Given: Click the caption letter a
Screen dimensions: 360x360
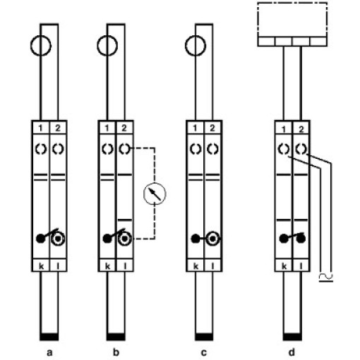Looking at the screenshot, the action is (49, 353).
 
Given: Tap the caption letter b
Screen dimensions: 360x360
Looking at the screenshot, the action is (116, 352).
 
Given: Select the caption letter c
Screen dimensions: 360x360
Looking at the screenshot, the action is (204, 353).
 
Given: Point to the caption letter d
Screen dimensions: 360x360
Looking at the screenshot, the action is (292, 352).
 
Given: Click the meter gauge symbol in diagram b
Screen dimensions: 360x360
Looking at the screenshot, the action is (155, 194).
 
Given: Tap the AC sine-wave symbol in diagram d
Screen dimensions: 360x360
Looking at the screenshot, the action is (326, 277).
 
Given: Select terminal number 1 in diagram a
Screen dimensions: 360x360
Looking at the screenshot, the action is (40, 128).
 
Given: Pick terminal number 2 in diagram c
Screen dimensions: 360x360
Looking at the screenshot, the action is (212, 128).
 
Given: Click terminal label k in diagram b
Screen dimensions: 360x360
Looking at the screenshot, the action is (107, 266).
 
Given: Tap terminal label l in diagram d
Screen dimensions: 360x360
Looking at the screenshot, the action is (301, 266).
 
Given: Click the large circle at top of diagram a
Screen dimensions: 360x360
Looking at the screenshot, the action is (30, 46).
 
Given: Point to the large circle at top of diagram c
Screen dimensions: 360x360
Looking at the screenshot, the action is (186, 46).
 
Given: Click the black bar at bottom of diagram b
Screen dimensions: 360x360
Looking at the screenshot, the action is (116, 337).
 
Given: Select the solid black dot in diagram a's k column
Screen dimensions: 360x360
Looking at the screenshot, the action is (40, 239).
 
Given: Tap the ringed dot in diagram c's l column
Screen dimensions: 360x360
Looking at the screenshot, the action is (212, 239).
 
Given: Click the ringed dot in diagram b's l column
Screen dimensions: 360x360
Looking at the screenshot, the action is (125, 239).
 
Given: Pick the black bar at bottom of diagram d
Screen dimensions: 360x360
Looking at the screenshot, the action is (292, 337).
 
